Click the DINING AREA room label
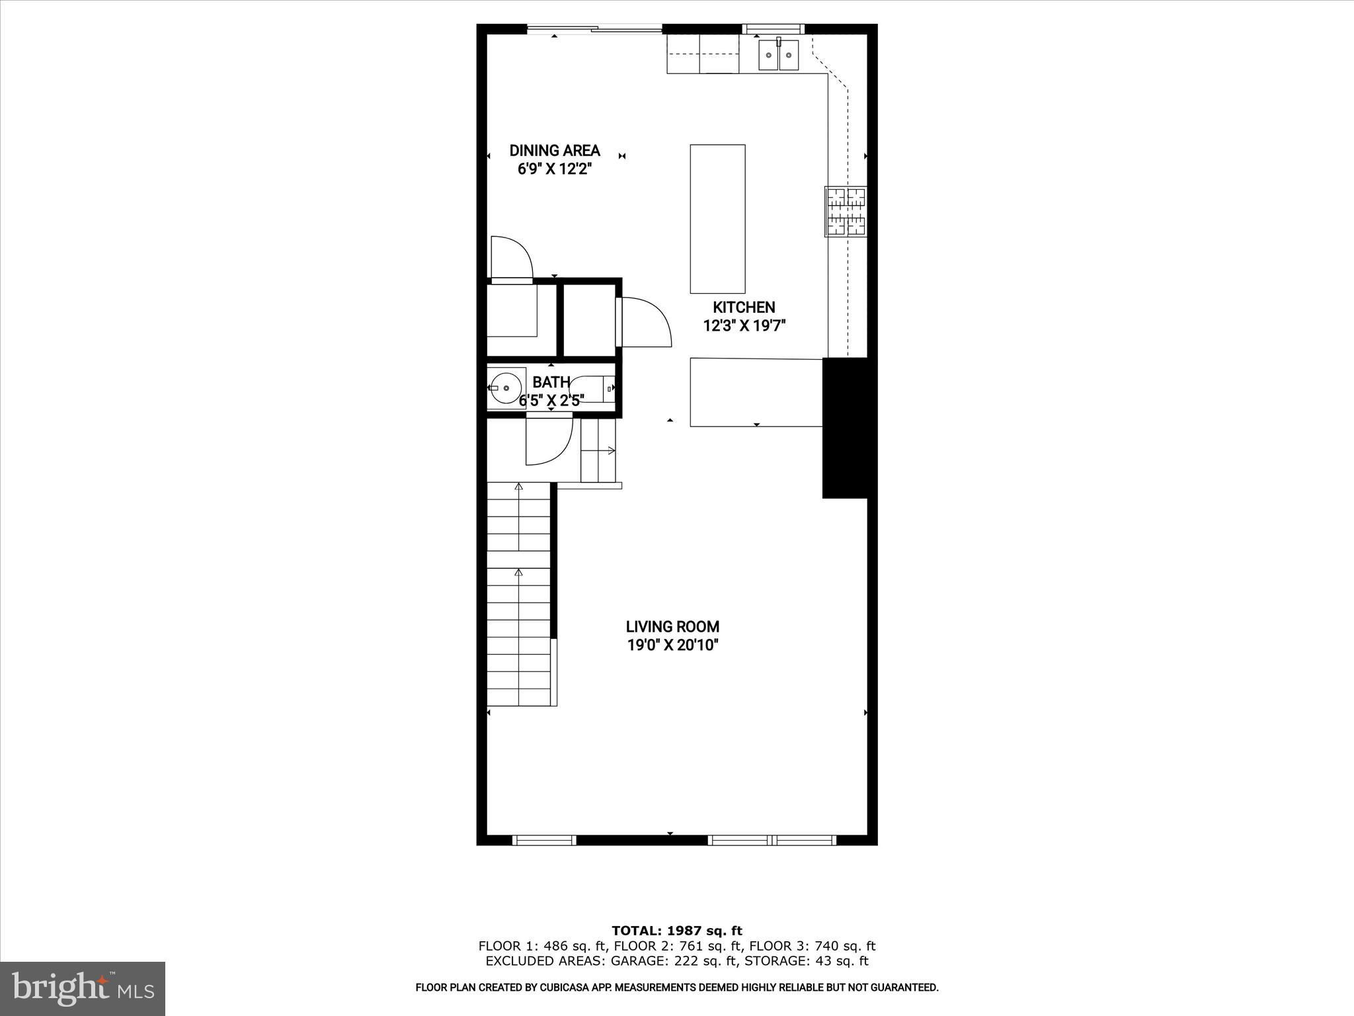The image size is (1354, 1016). click(555, 151)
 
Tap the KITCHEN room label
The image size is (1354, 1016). click(744, 307)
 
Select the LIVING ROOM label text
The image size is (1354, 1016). click(672, 626)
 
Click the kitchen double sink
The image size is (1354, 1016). click(778, 54)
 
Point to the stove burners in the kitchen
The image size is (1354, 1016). click(846, 212)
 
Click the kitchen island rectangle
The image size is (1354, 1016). click(717, 219)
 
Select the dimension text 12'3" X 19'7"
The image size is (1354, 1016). click(744, 325)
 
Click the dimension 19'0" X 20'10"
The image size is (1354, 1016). click(672, 645)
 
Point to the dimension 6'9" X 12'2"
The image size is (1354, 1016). click(554, 169)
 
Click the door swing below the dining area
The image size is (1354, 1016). click(511, 259)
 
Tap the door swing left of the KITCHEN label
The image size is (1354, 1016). click(645, 322)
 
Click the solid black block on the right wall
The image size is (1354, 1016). click(845, 428)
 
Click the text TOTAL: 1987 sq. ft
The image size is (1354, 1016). click(677, 931)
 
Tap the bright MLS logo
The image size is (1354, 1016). click(83, 988)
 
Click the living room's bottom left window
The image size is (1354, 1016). click(544, 840)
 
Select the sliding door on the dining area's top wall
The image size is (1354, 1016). click(594, 28)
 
